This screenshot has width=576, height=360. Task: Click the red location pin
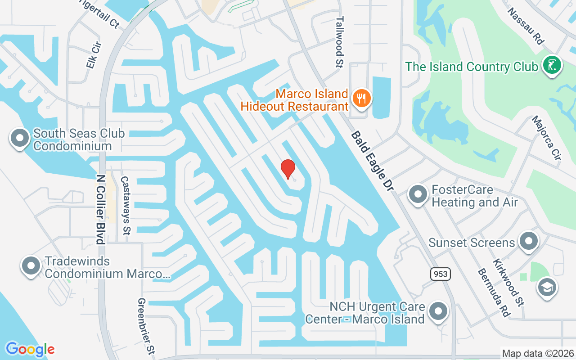click(288, 169)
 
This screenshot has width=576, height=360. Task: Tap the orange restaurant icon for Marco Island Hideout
click(361, 98)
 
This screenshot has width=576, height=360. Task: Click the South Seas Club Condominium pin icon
click(19, 138)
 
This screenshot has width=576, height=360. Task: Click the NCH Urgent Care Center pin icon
click(438, 311)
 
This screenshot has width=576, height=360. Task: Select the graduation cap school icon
click(547, 287)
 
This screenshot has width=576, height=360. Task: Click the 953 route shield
click(440, 273)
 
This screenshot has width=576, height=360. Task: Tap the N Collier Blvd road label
click(100, 209)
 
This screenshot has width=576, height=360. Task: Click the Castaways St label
click(125, 205)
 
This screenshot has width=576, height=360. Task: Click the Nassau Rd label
click(526, 26)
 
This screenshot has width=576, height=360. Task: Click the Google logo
click(30, 349)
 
